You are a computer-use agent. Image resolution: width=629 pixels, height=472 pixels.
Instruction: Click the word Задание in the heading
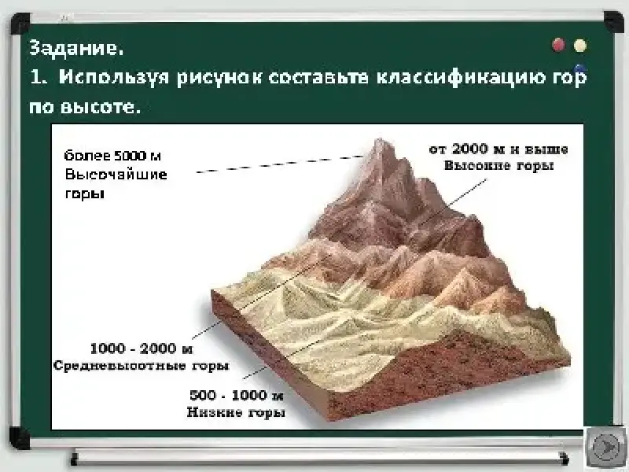(75, 49)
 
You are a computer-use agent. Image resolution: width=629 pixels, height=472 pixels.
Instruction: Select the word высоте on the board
(106, 107)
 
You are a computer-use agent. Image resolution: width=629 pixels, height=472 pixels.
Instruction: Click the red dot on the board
(559, 45)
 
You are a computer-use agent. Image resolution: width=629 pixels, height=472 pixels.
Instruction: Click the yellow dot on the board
(580, 46)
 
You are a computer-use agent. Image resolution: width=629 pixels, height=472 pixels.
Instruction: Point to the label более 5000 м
(112, 155)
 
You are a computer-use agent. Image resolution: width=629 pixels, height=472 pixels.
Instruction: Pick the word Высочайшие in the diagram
(116, 175)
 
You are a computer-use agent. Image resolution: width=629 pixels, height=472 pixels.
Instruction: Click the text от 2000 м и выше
(498, 149)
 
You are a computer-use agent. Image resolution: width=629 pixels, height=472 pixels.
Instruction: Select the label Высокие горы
(498, 165)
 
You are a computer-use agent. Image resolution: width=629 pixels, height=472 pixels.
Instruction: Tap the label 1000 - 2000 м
(142, 348)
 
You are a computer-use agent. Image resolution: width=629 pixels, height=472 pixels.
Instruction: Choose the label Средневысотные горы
(142, 366)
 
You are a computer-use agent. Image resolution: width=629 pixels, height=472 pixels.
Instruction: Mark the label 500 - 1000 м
(237, 396)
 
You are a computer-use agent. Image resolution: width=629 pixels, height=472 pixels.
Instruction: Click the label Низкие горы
(236, 412)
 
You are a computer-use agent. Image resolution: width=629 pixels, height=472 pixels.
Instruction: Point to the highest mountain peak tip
(379, 140)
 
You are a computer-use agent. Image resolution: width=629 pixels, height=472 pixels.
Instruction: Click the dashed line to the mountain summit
(280, 164)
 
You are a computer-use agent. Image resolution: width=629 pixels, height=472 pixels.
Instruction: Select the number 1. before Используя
(39, 77)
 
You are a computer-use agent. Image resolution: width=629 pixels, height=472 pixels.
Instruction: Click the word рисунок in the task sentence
(219, 77)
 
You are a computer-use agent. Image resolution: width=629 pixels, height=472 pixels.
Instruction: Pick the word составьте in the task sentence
(318, 77)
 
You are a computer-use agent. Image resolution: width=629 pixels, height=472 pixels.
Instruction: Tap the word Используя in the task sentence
(114, 77)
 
